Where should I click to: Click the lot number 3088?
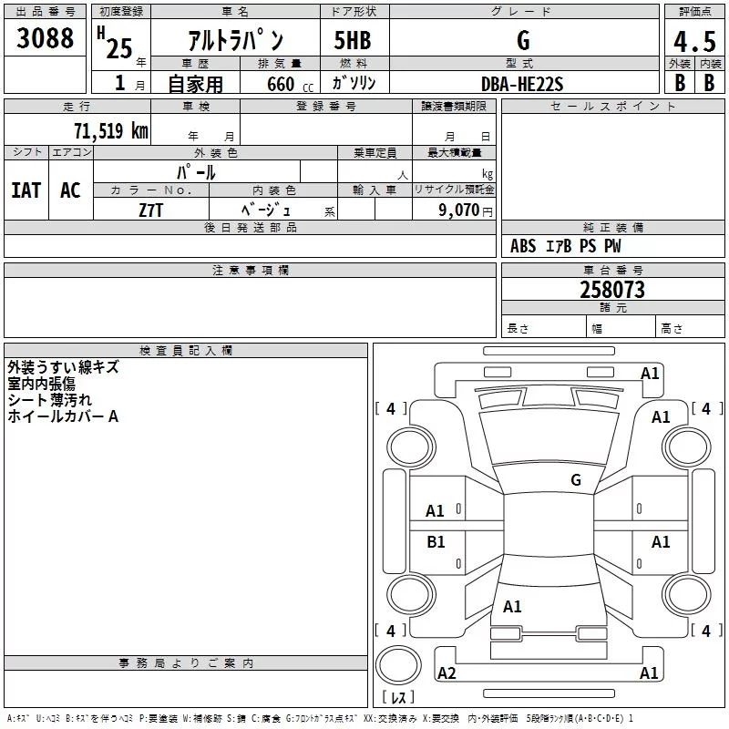tap(46, 39)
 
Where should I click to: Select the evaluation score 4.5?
tap(693, 41)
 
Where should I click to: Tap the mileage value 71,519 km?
tap(110, 131)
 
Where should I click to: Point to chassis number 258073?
tap(612, 290)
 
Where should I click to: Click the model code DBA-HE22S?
tap(522, 84)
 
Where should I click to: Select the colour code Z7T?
tap(151, 210)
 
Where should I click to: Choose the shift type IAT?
tap(26, 190)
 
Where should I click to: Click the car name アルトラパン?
tap(235, 41)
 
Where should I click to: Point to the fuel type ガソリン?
tap(354, 83)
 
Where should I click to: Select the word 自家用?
tap(195, 84)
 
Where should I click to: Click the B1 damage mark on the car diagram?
tap(436, 542)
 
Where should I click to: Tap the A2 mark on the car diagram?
tap(447, 673)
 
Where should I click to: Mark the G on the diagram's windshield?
tap(576, 479)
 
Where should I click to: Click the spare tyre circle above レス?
tap(397, 665)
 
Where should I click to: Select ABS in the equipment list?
tap(523, 246)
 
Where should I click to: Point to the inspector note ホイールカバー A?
tap(63, 416)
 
